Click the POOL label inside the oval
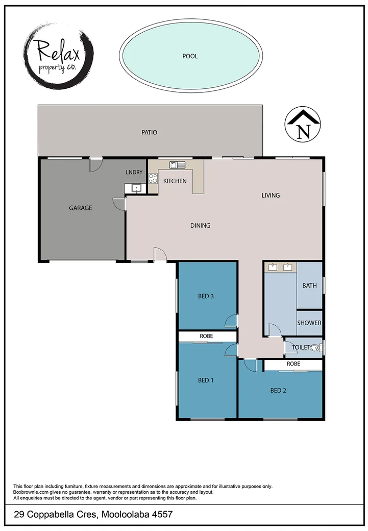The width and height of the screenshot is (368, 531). click(190, 56)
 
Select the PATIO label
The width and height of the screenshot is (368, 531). click(150, 132)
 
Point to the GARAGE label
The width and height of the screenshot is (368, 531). click(81, 208)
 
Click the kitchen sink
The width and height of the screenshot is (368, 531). click(178, 164)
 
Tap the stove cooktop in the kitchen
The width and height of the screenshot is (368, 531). click(153, 179)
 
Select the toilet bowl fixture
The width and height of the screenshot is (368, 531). click(315, 348)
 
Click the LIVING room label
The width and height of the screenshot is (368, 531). click(271, 195)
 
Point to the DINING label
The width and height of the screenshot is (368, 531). click(200, 226)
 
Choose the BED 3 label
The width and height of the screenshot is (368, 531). click(205, 296)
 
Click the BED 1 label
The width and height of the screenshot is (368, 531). click(205, 380)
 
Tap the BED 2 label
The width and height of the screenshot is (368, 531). click(278, 391)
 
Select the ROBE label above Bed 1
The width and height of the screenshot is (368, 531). click(206, 336)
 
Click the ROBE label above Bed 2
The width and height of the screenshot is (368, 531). click(293, 364)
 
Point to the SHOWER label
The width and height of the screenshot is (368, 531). click(309, 323)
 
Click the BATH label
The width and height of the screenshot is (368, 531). click(309, 285)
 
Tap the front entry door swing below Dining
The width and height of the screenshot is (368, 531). click(160, 254)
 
